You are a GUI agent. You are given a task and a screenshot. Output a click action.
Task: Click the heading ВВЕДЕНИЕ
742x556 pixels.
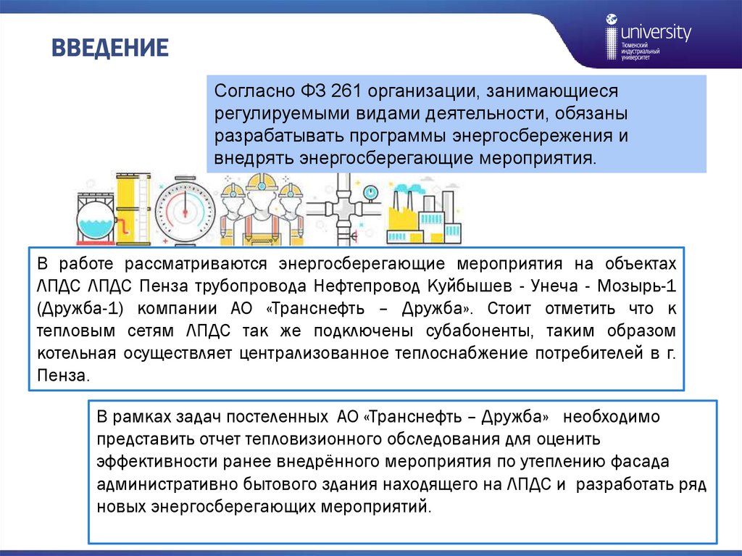tap(109, 49)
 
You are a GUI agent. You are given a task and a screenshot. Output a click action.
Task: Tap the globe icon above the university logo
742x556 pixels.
tap(612, 20)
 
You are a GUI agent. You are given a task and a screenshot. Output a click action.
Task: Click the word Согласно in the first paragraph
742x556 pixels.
tap(251, 92)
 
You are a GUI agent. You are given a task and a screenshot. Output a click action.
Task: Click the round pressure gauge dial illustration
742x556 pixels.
tap(185, 209)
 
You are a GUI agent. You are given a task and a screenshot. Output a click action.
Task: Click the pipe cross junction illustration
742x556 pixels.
tap(342, 211)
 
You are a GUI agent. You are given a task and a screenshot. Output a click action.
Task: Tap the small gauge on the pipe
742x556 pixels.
tap(371, 192)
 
